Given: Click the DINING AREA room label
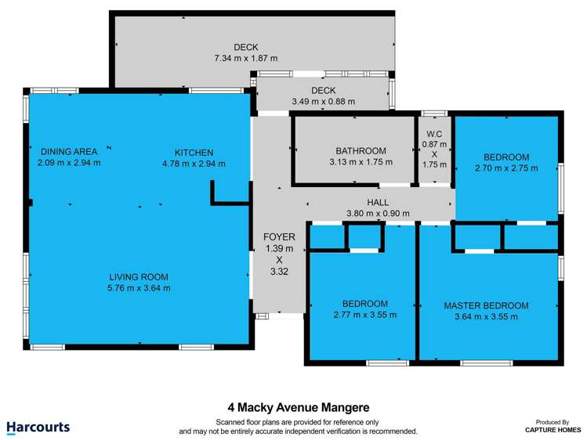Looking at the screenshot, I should tap(69, 152).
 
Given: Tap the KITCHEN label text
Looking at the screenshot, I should tap(194, 153).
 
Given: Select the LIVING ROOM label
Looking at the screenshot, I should tap(139, 276).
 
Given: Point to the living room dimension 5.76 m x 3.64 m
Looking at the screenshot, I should tap(139, 287).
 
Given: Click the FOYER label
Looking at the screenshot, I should tap(279, 236).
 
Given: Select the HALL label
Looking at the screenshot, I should tap(379, 202).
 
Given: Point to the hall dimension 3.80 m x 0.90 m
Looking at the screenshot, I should tap(379, 213).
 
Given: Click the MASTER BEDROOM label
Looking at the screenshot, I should tap(486, 305).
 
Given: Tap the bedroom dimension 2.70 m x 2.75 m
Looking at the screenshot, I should tap(506, 168).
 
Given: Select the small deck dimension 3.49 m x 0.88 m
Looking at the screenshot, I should tap(323, 101).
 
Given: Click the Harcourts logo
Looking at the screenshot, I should tap(38, 427).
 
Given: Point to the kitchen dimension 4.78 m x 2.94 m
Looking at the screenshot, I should tap(194, 164).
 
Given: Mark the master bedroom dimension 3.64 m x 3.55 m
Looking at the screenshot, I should tap(486, 316).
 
